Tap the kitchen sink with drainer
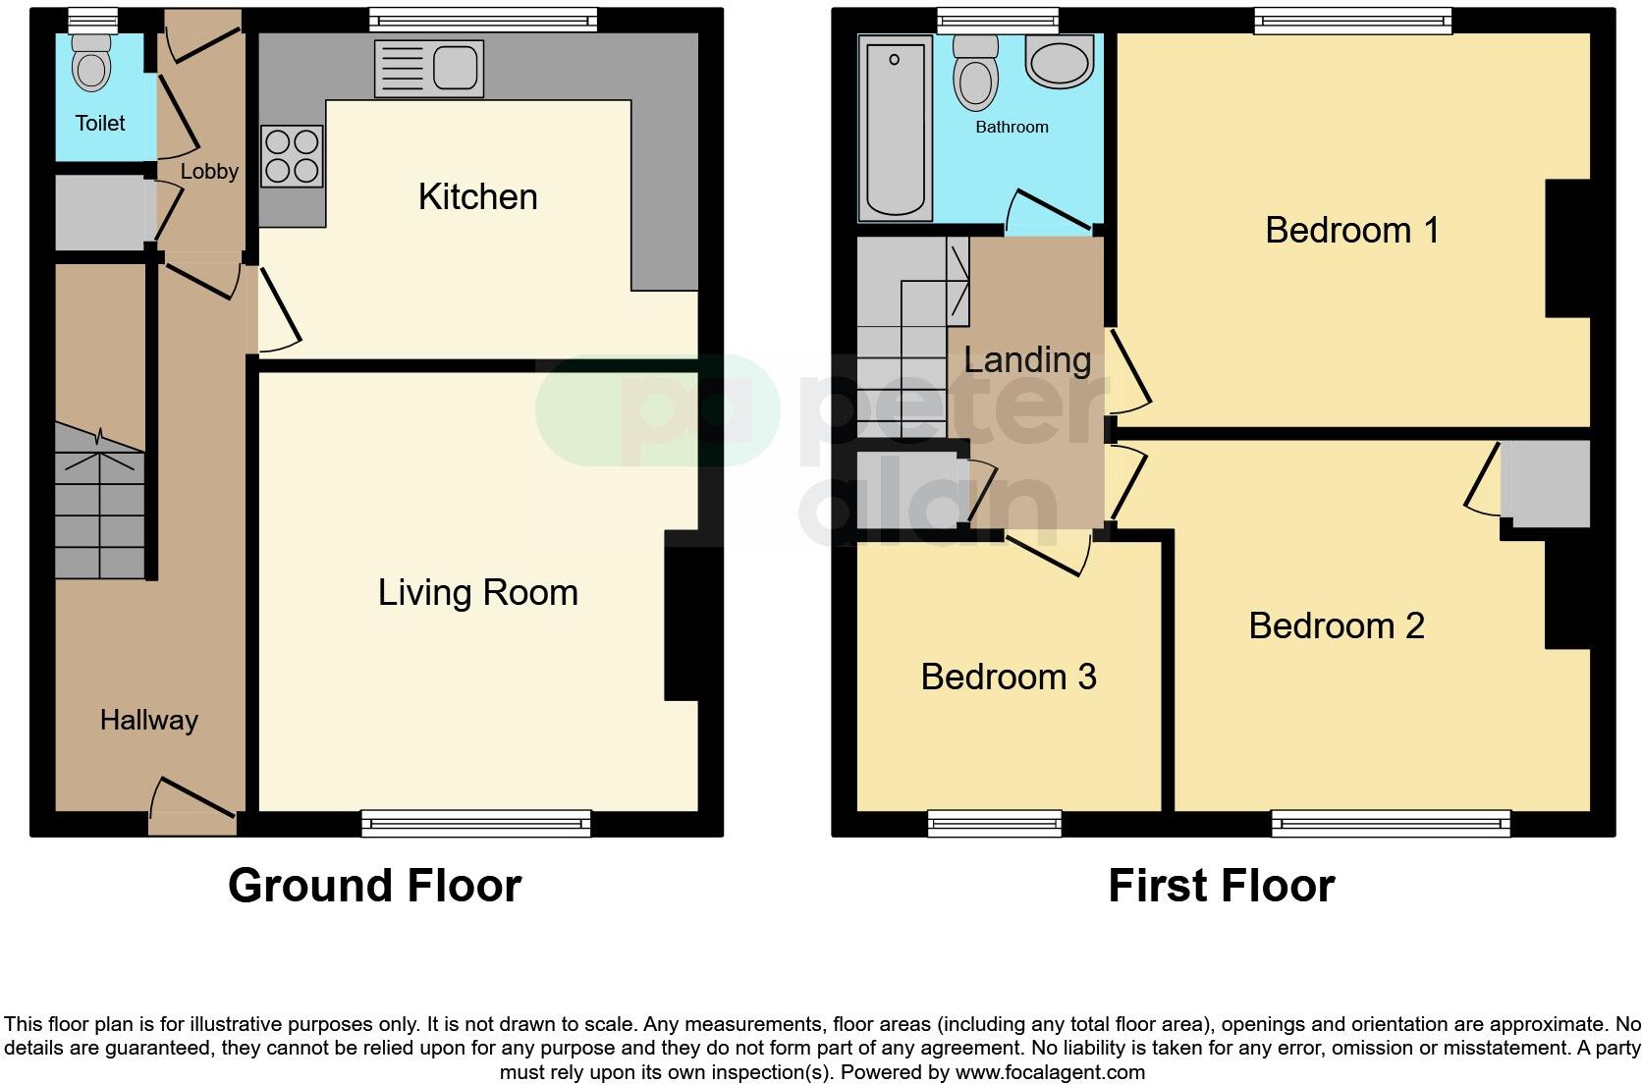429,69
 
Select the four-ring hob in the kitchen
292,156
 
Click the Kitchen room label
477,196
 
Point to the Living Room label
477,592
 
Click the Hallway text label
148,720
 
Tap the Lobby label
209,171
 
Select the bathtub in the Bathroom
895,128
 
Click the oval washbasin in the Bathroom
1059,61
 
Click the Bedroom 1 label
1351,230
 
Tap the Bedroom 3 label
1008,677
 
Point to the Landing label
1026,359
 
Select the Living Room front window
476,823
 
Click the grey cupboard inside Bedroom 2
1545,483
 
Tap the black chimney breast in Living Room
681,615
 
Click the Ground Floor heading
374,885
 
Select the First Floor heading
1221,885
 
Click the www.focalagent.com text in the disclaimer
1050,1072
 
